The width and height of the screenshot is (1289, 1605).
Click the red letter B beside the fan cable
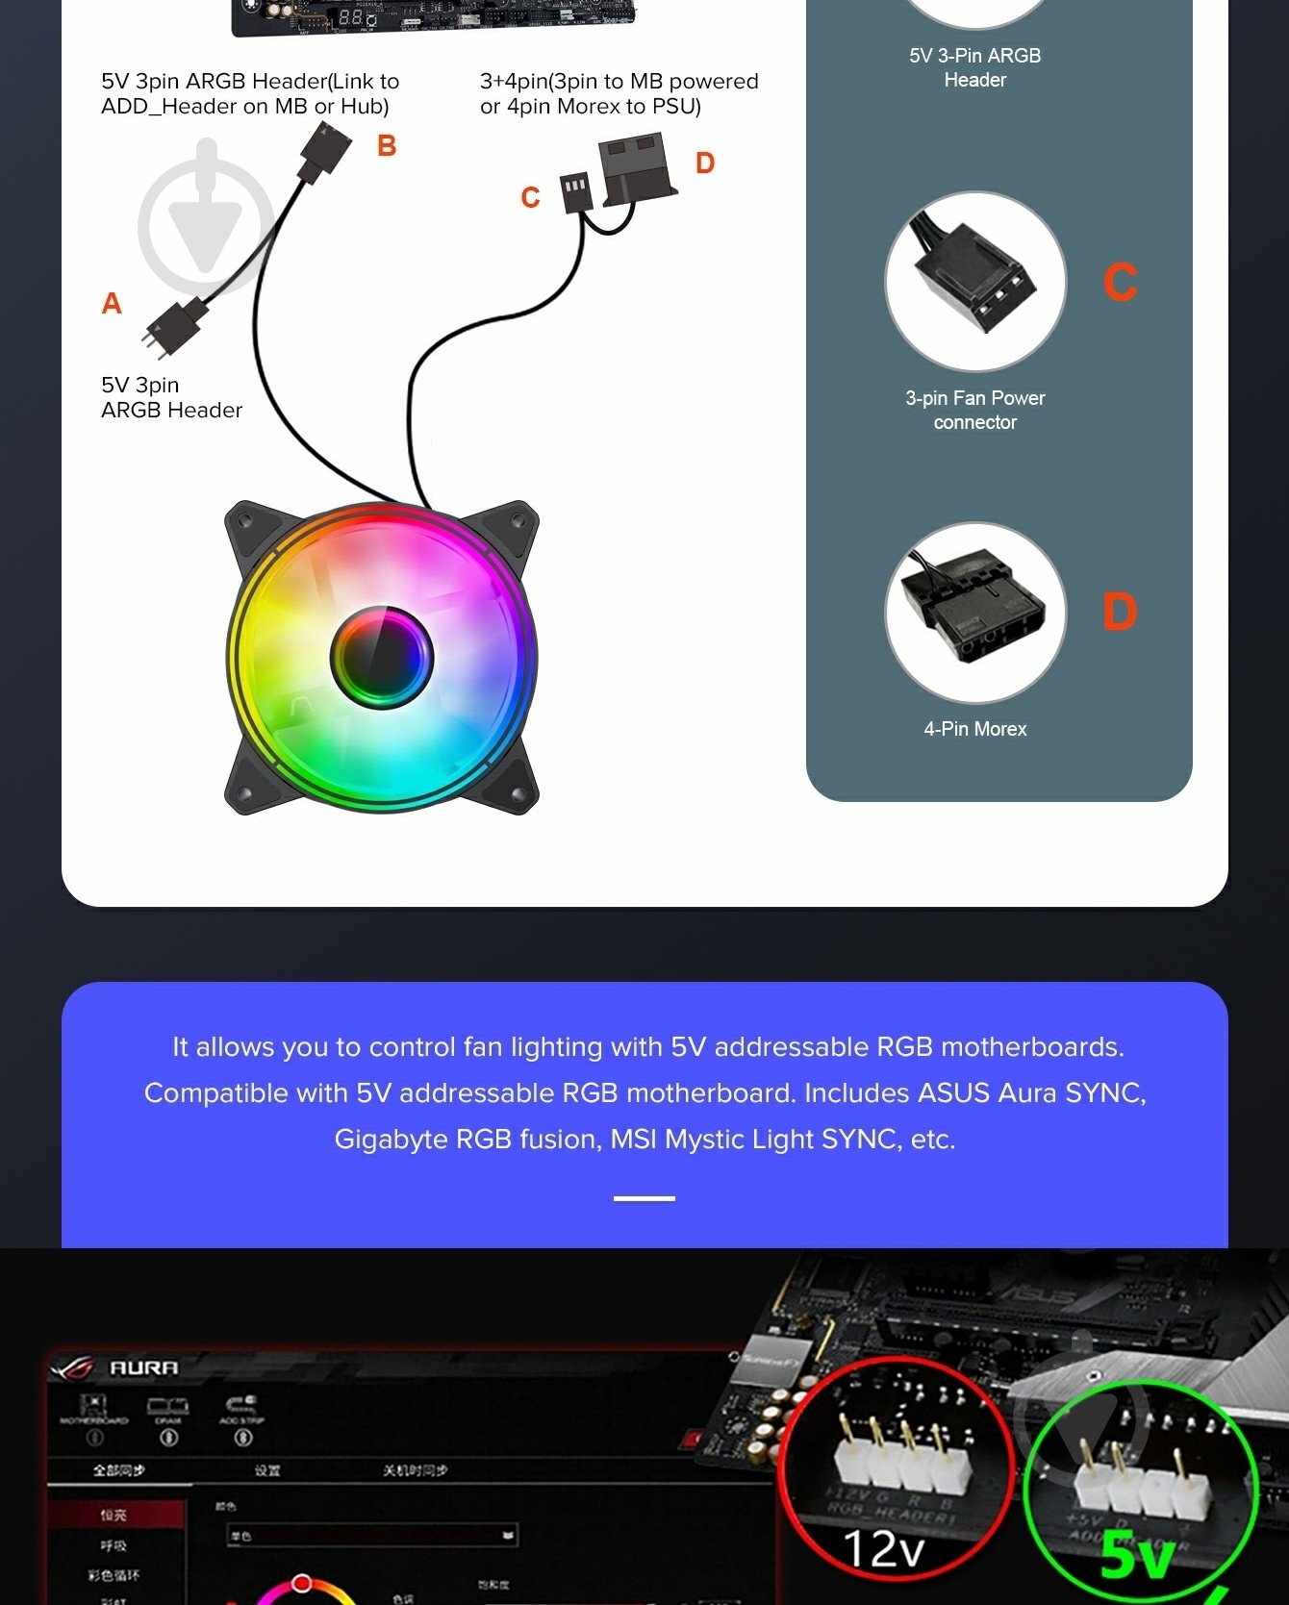click(387, 146)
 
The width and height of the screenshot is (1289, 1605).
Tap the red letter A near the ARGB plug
click(112, 304)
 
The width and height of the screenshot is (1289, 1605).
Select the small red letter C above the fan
click(530, 198)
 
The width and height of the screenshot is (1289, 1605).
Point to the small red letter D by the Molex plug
click(705, 163)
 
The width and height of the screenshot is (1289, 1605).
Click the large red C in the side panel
click(1120, 283)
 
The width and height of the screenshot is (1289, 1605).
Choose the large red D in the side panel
click(1120, 613)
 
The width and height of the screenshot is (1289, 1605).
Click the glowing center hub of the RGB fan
click(382, 658)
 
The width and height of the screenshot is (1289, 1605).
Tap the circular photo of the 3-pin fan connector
click(974, 282)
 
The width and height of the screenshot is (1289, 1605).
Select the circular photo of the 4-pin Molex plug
click(974, 613)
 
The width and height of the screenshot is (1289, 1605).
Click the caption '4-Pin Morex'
click(974, 729)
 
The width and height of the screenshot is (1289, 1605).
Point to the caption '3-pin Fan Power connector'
click(974, 410)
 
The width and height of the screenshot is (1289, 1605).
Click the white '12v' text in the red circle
click(883, 1548)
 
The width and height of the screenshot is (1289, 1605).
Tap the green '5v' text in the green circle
click(1135, 1555)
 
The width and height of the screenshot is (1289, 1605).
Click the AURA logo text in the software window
click(143, 1367)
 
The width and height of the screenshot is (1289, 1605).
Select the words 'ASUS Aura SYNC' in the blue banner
click(1030, 1093)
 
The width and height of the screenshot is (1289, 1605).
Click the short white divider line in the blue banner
click(644, 1198)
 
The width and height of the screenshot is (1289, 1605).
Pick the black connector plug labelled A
click(176, 327)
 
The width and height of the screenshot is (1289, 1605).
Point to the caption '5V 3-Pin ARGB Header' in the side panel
click(974, 67)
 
